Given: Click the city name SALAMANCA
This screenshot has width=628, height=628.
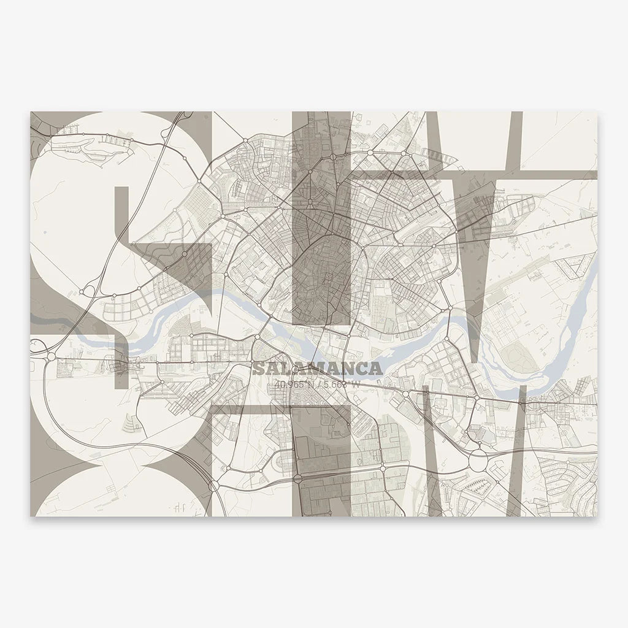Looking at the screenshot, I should click(318, 369).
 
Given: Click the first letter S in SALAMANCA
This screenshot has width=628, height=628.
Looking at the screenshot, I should click(258, 369).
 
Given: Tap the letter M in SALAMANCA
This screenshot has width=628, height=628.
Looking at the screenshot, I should click(319, 369).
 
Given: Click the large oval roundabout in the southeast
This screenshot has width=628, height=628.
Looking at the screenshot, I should click(480, 459).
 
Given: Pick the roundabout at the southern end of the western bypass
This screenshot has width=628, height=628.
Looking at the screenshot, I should click(213, 486).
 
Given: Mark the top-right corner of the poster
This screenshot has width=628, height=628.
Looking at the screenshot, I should click(597, 112).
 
